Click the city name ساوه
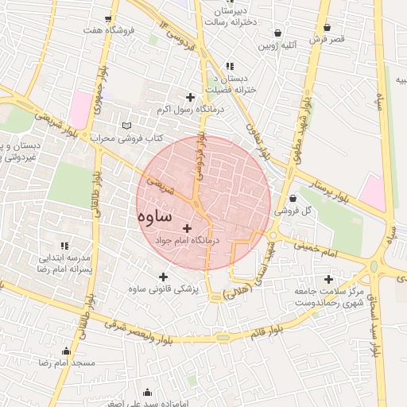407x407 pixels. point(154,216)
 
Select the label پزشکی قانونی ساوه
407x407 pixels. point(164,288)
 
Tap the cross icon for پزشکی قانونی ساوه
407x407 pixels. point(164,277)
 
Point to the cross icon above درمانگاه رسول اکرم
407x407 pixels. point(190,97)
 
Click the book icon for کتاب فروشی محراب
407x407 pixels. point(128,126)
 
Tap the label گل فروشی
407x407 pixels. point(293,211)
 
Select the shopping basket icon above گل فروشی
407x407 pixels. point(293,199)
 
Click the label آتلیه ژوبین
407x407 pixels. point(277,46)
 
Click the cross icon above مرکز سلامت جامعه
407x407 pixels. point(328,279)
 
